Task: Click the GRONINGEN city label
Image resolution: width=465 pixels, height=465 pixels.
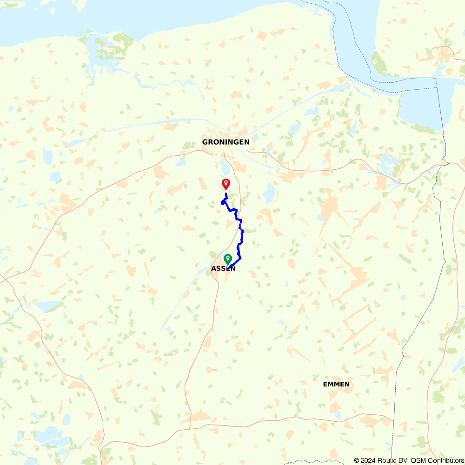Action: [x=226, y=142]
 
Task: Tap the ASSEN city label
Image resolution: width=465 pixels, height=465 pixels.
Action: [x=223, y=268]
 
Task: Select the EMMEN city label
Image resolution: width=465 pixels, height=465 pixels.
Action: [x=336, y=384]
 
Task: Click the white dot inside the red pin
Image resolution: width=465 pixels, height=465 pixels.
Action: [x=226, y=183]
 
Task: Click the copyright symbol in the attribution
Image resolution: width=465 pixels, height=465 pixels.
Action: [x=357, y=460]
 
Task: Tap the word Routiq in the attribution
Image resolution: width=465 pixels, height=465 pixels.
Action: [x=388, y=460]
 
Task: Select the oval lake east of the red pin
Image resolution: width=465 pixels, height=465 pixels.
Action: [x=268, y=193]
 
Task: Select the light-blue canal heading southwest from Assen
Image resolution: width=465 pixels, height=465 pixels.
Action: [x=184, y=298]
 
